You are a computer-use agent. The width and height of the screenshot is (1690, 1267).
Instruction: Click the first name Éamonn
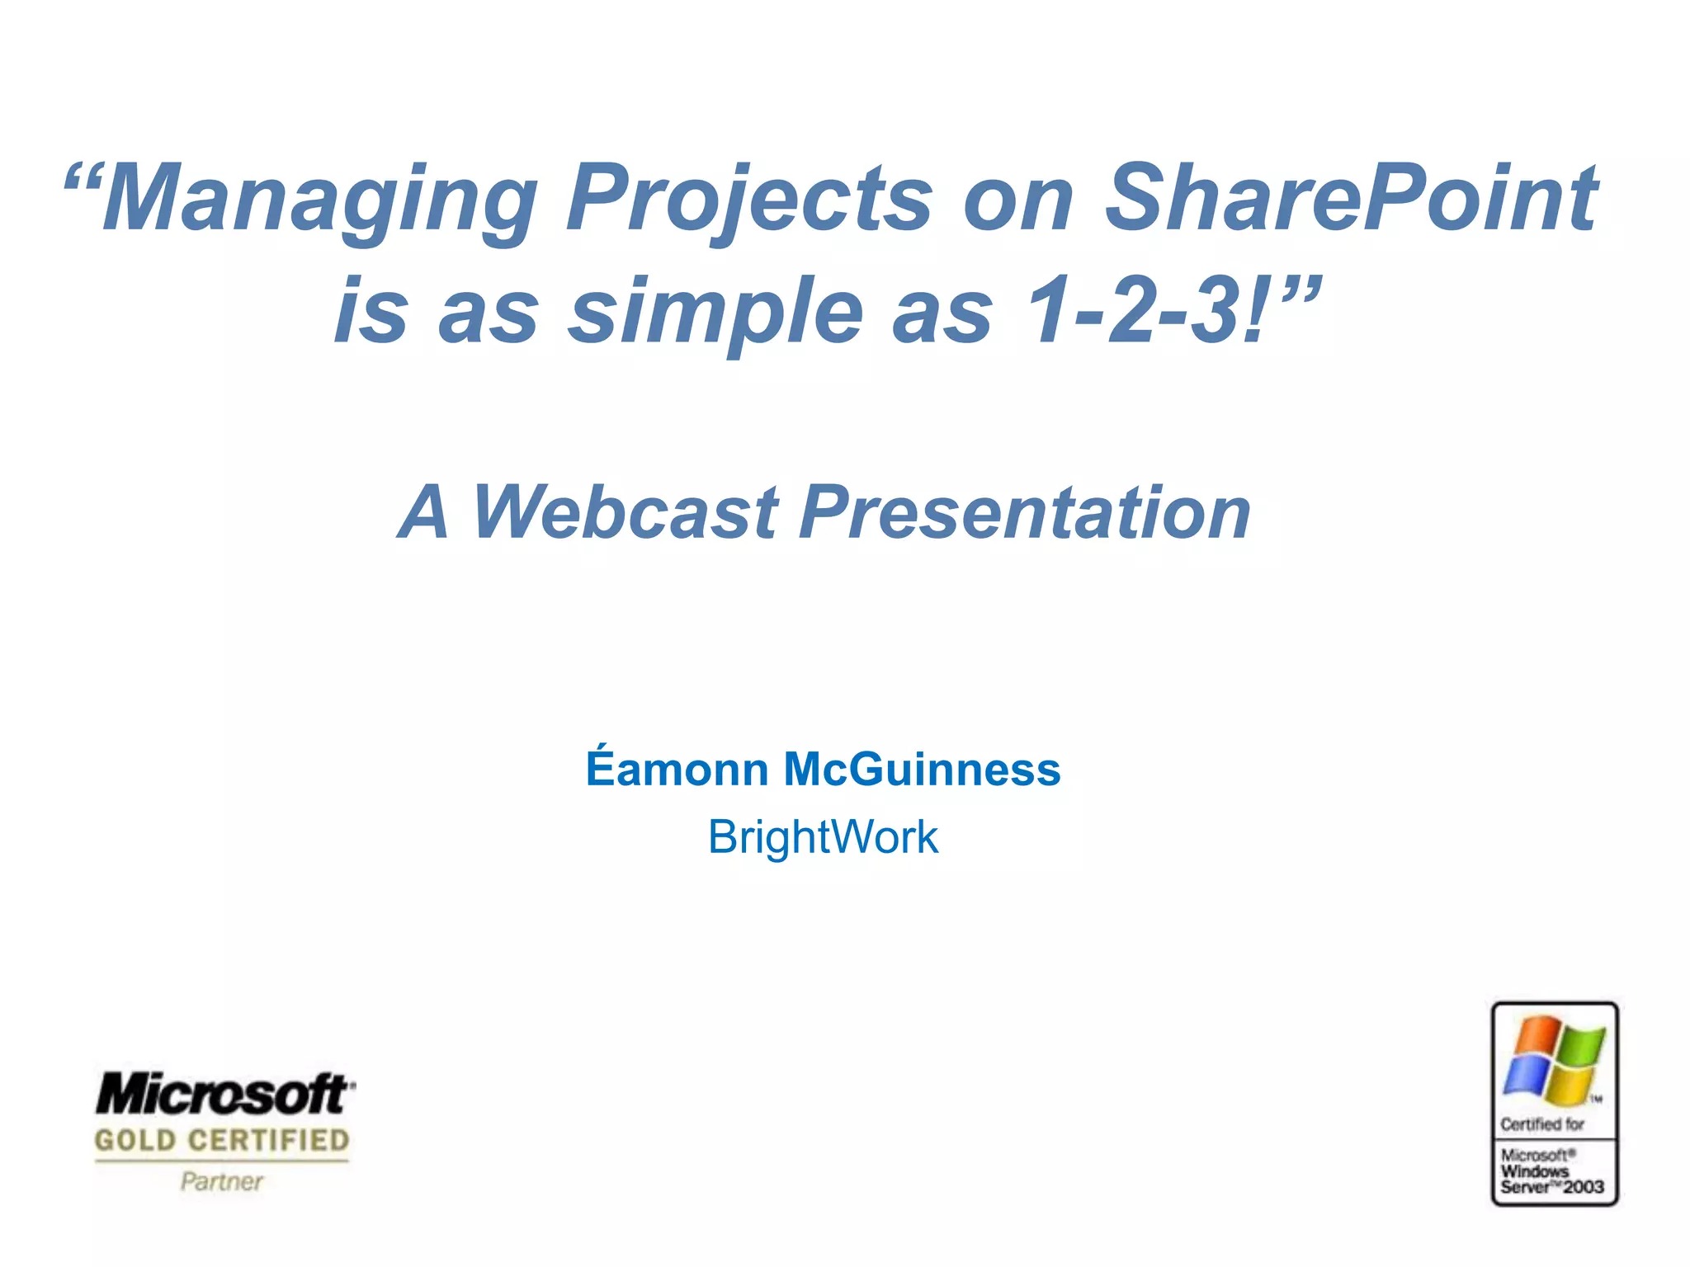click(x=677, y=769)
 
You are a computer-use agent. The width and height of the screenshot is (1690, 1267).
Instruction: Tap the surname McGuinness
click(x=922, y=769)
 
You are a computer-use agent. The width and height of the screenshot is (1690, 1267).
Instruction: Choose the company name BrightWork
click(x=823, y=837)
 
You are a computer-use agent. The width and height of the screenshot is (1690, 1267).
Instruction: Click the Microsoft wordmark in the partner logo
click(x=224, y=1095)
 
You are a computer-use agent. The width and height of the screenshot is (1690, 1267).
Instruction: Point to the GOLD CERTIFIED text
click(x=222, y=1141)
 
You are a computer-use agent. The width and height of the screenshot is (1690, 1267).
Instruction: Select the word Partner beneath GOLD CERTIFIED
click(x=221, y=1182)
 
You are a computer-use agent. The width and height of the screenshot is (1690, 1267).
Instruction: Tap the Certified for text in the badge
click(x=1542, y=1124)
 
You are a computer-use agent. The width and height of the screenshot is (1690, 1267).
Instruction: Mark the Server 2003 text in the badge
click(x=1551, y=1188)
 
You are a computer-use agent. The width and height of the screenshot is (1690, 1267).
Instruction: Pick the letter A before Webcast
click(x=424, y=513)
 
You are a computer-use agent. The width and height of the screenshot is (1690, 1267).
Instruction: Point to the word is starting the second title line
click(x=371, y=312)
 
